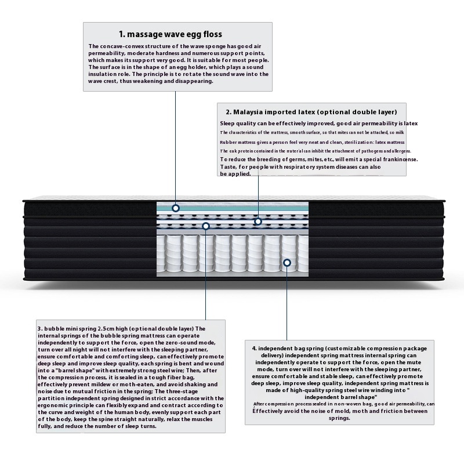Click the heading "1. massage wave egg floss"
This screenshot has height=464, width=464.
171,34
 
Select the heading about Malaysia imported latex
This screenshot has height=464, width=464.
311,112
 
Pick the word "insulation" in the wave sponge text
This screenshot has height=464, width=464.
105,74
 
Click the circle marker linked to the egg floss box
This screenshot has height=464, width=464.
176,208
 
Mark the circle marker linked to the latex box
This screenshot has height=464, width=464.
258,221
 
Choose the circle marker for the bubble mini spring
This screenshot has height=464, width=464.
206,225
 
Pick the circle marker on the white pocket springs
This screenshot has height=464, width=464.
287,263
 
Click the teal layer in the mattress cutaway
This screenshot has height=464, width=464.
232,207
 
